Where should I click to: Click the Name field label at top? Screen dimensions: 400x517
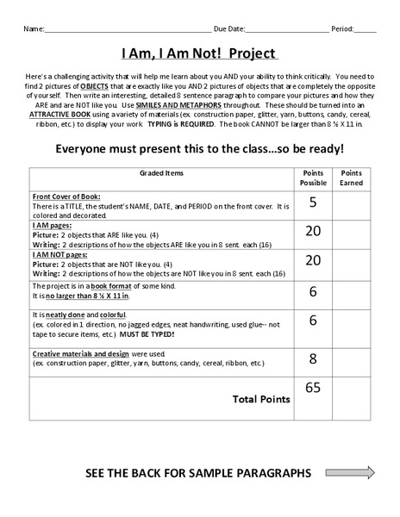[x=33, y=28]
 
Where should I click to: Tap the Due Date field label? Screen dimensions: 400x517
[x=228, y=28]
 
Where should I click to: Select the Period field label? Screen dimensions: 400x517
[x=342, y=28]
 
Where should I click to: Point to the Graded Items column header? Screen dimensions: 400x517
[x=161, y=173]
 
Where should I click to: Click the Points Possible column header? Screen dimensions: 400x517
[x=313, y=178]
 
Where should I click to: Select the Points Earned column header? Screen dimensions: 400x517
[x=351, y=178]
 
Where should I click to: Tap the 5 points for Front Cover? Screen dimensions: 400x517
[x=312, y=202]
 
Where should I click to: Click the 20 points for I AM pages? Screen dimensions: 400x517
[x=312, y=231]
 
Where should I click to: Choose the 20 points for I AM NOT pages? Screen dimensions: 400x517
[x=312, y=260]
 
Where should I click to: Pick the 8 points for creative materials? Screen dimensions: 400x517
[x=312, y=358]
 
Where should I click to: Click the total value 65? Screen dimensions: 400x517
[x=312, y=388]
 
